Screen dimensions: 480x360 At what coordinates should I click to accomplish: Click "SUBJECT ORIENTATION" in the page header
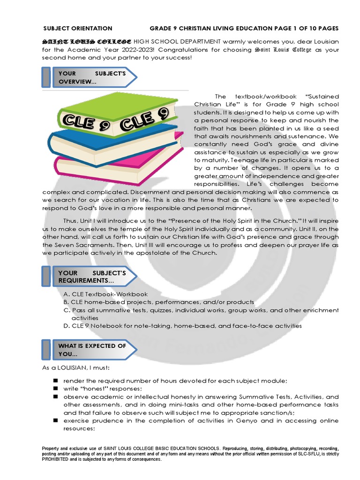coord(78,29)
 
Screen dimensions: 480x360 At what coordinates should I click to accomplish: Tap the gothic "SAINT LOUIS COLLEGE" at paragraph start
coord(87,41)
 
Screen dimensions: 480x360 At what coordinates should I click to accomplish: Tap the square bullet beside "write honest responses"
coord(55,389)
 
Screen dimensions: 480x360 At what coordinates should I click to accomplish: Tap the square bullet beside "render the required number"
coord(55,380)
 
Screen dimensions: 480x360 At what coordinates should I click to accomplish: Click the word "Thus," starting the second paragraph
coord(72,220)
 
